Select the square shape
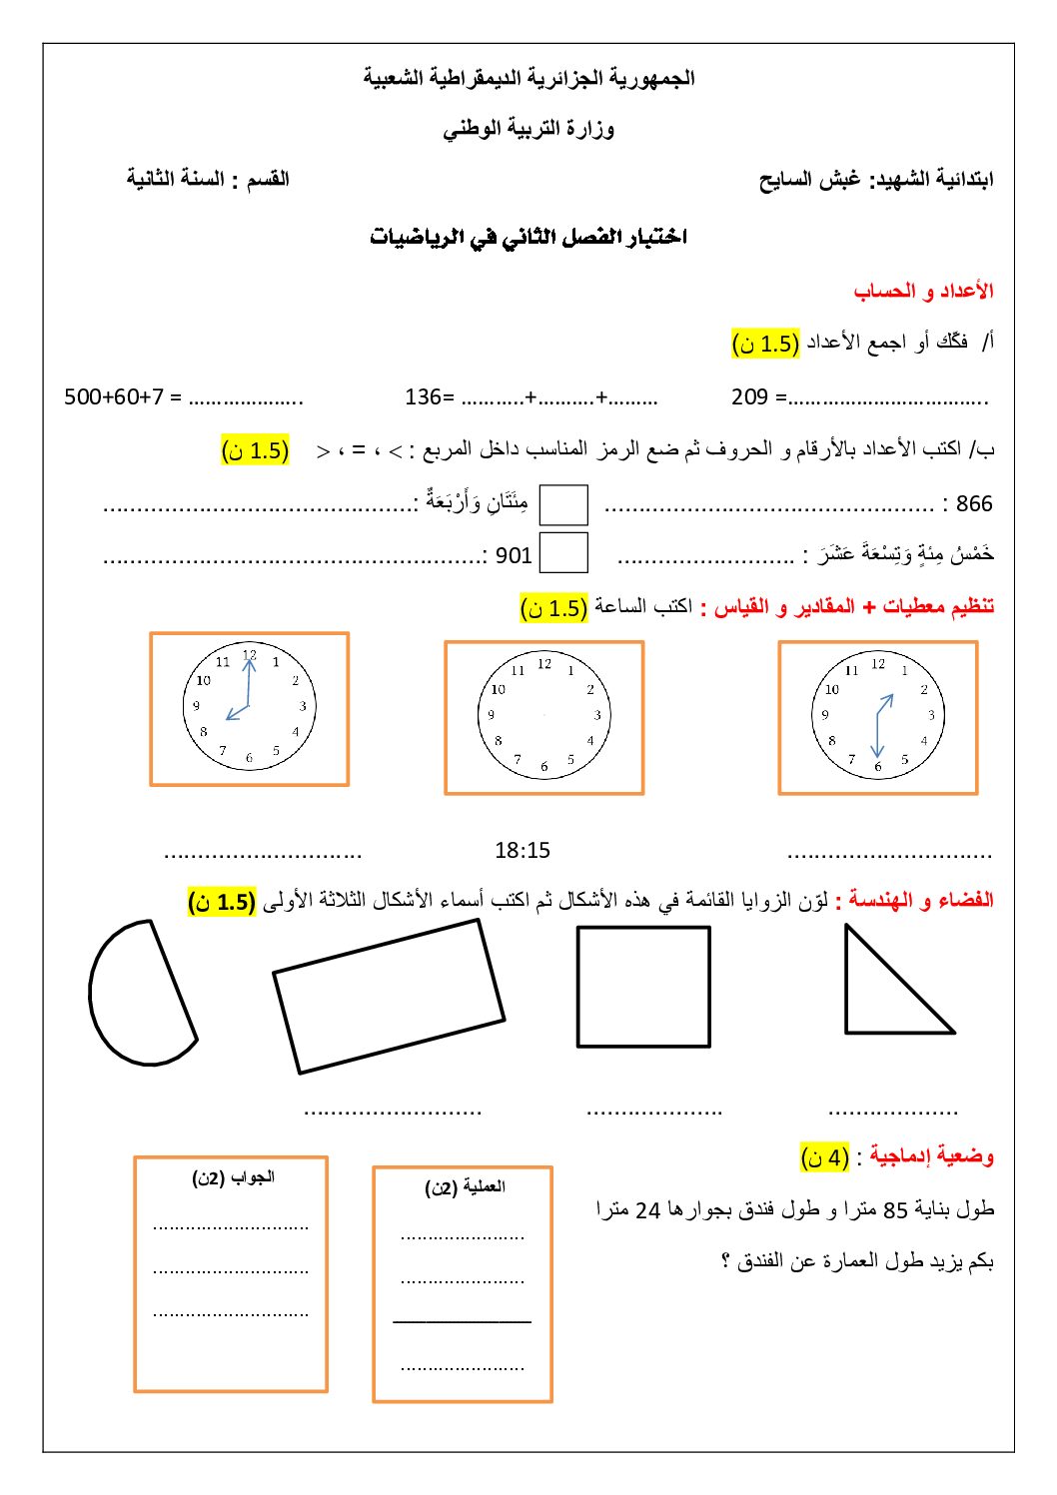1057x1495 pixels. pos(643,987)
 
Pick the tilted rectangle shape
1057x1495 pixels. pos(389,996)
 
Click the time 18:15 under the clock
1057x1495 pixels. pos(523,851)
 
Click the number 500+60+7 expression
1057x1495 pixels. pos(113,396)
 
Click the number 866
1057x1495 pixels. pos(974,503)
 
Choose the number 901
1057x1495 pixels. pos(514,555)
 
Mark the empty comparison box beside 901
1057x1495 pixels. pos(563,553)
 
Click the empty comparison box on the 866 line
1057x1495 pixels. pos(563,504)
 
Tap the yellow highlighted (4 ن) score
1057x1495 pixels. pos(825,1157)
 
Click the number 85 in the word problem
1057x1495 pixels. pos(896,1210)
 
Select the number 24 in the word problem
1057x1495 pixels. pos(648,1210)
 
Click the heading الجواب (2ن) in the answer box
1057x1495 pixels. pos(233,1178)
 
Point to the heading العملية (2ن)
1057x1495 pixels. pos(465,1187)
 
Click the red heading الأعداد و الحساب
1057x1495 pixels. pos(923,291)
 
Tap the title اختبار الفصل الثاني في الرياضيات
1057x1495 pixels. pos(528,237)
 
